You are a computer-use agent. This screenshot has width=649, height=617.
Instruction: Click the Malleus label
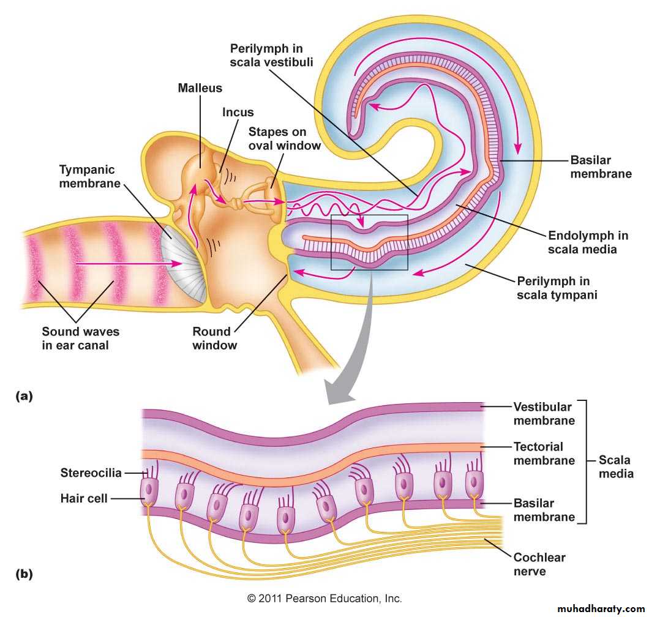[199, 88]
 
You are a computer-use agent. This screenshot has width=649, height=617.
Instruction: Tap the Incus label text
[238, 113]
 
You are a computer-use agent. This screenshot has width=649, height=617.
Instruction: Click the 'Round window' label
[212, 338]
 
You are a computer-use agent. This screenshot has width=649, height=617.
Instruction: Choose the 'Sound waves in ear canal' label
[80, 338]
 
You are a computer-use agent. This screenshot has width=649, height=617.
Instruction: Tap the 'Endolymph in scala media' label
[588, 242]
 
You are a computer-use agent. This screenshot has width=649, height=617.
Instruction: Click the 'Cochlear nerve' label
[539, 564]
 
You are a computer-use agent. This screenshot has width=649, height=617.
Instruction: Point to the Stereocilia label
[91, 473]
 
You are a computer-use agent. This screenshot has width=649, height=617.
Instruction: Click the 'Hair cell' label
[84, 498]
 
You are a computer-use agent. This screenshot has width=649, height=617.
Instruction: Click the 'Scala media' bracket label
[615, 466]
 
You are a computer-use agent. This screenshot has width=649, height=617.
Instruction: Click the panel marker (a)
[23, 396]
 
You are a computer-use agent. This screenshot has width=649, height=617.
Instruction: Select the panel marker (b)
[23, 574]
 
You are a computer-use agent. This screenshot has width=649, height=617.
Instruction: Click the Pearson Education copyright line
[324, 598]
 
